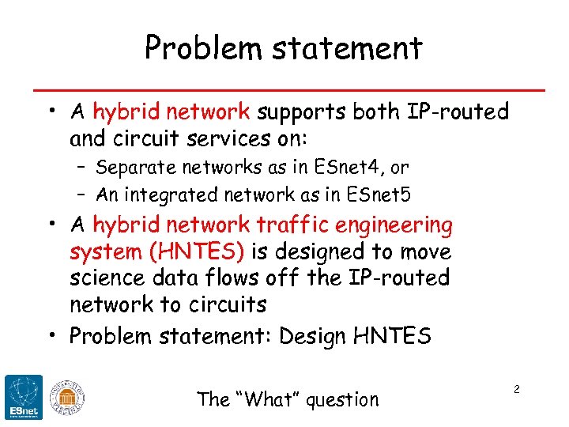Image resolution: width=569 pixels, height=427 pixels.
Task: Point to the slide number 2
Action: (x=516, y=390)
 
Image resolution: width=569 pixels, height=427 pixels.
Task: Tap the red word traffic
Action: (x=301, y=226)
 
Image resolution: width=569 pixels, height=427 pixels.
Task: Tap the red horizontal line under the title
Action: (x=284, y=88)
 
